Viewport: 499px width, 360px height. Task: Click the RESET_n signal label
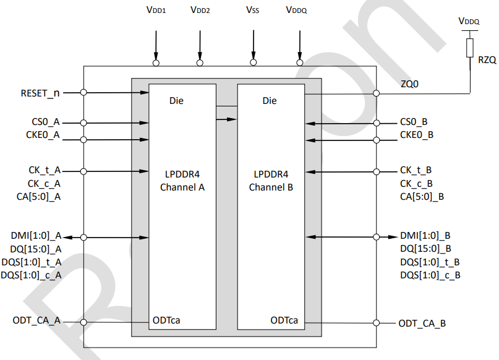point(40,93)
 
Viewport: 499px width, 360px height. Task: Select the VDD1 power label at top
point(156,10)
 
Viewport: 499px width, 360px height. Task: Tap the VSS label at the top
point(252,10)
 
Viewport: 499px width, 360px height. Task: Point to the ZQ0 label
point(410,84)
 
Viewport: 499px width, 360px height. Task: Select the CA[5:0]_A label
point(40,197)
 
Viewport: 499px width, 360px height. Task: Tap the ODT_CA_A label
point(36,320)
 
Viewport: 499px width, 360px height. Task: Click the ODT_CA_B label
point(422,323)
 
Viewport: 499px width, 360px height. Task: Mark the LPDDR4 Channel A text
point(182,181)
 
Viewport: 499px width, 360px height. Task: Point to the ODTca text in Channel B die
point(284,320)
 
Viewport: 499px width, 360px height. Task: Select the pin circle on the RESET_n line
point(83,93)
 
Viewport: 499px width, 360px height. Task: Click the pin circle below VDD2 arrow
point(200,62)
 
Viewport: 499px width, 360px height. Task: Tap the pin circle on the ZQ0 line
point(376,94)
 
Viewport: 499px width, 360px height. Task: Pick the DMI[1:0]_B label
point(426,235)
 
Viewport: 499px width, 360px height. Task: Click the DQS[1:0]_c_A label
point(36,275)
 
